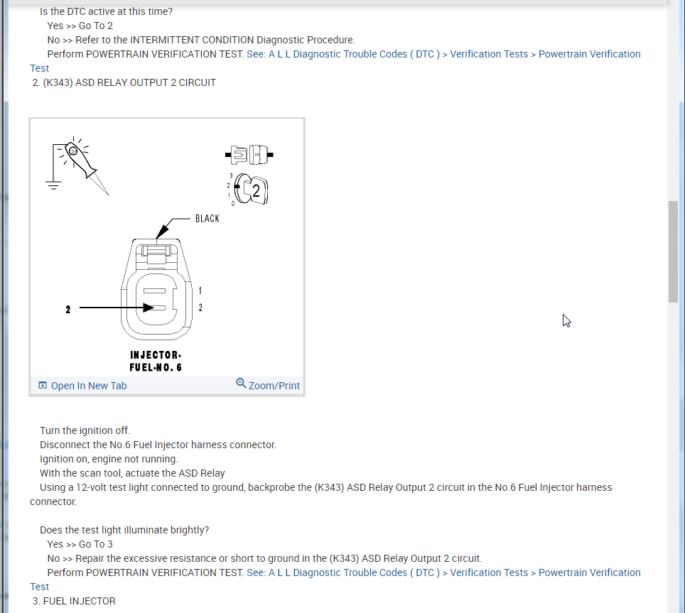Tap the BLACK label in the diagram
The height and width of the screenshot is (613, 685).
click(x=207, y=218)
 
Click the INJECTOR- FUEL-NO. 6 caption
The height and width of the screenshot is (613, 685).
click(x=156, y=361)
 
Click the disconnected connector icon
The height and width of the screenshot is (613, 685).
click(x=249, y=153)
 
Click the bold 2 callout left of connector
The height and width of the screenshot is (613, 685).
click(x=68, y=310)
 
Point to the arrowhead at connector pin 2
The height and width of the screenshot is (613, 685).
click(x=149, y=308)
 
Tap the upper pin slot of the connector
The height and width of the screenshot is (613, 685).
click(x=155, y=291)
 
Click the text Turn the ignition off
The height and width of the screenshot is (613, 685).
click(x=85, y=430)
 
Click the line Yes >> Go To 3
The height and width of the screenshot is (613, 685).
click(x=80, y=544)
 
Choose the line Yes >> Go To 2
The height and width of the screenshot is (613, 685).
click(x=80, y=26)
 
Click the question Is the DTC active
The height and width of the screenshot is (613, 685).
click(x=106, y=11)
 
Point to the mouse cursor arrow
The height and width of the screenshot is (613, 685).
click(x=566, y=320)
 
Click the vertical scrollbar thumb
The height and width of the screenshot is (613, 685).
click(x=673, y=251)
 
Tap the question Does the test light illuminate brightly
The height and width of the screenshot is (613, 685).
click(x=124, y=530)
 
